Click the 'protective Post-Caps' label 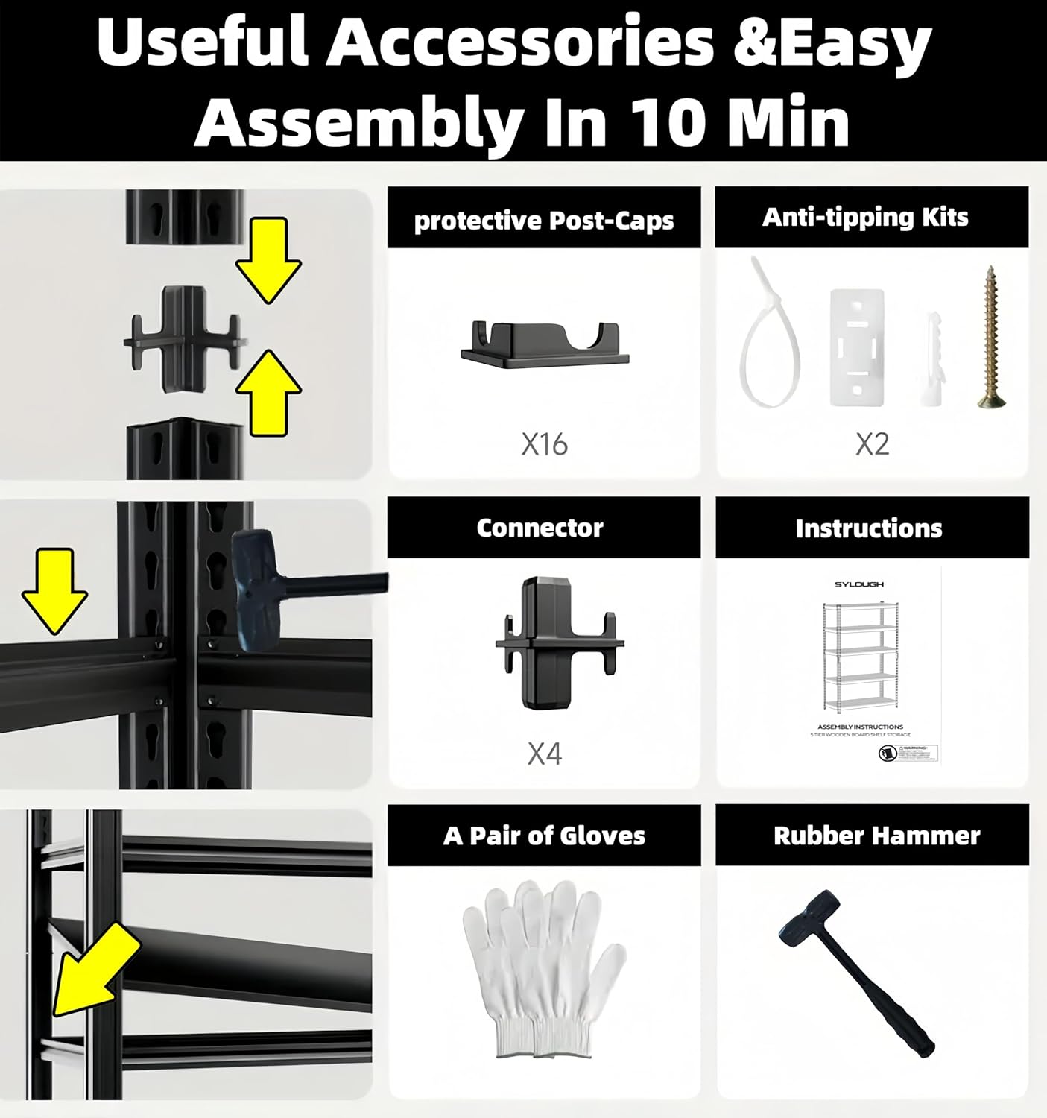pos(543,221)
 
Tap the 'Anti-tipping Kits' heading pos(865,218)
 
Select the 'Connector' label pos(540,528)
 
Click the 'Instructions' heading pos(868,528)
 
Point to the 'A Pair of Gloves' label pos(544,836)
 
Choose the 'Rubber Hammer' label pos(876,836)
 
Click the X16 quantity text pos(544,444)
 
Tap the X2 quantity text pos(871,444)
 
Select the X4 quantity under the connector pos(544,754)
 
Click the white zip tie pos(768,335)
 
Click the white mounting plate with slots pos(857,347)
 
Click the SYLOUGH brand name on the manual pos(858,584)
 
